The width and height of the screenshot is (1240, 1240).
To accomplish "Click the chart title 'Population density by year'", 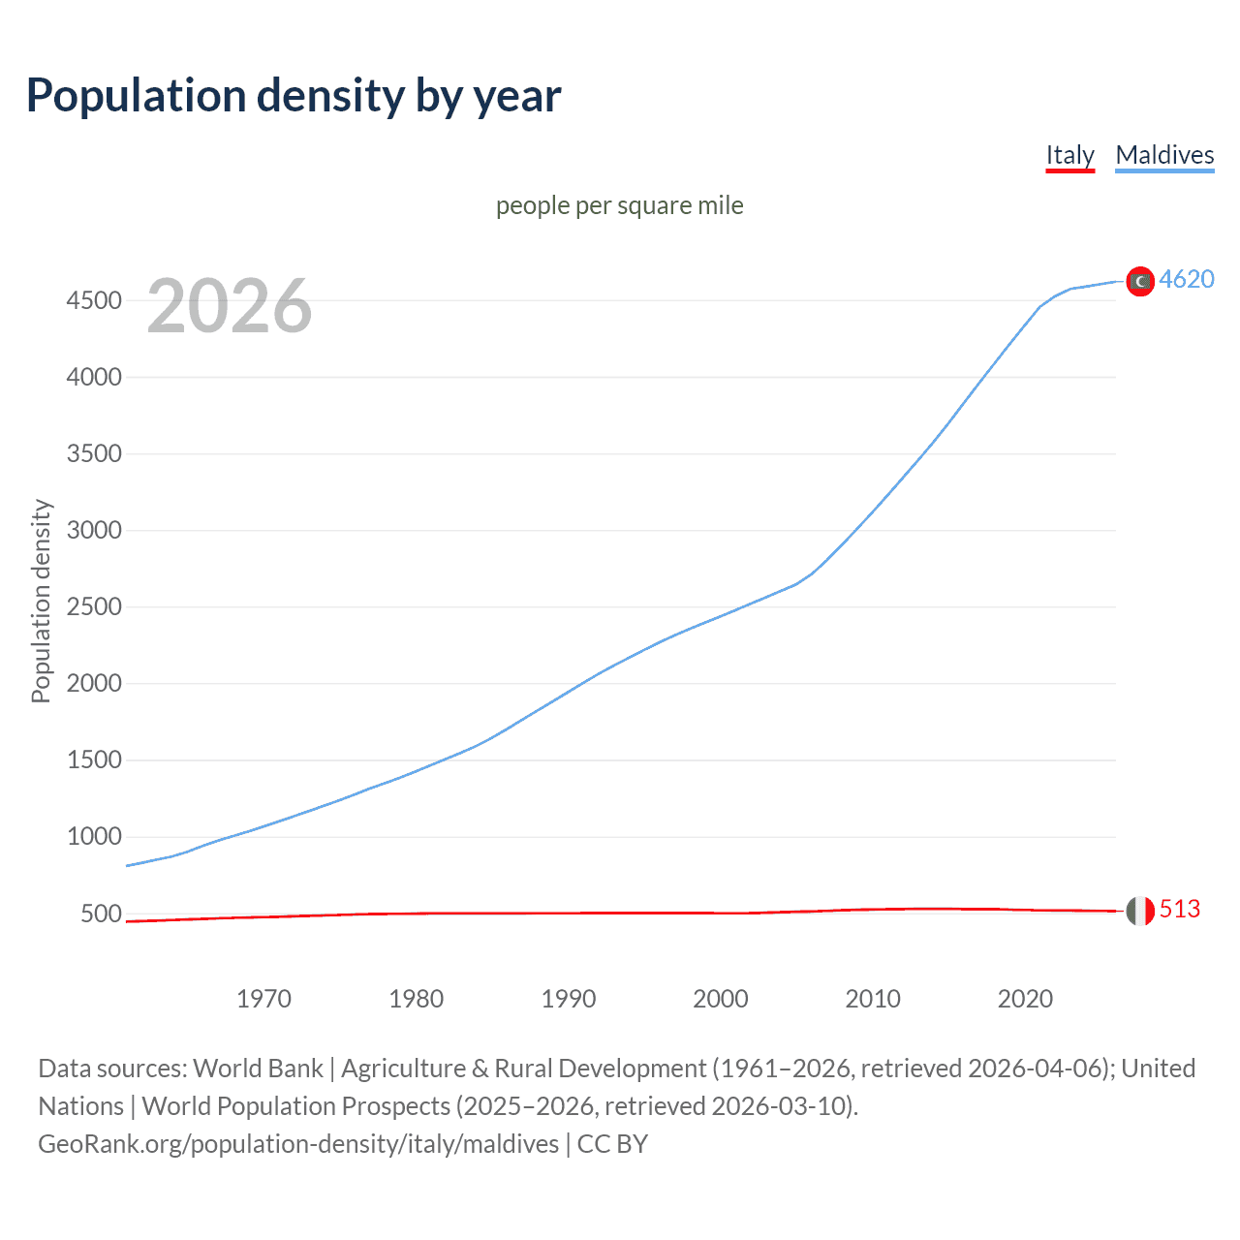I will (294, 96).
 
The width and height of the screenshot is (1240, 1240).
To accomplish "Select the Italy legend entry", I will (1069, 155).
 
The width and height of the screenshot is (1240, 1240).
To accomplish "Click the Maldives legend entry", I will (1164, 155).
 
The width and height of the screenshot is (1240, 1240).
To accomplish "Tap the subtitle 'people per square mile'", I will (619, 205).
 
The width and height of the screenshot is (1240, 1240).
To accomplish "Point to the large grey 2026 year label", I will (230, 306).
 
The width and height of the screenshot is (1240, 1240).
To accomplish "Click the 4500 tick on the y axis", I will (94, 300).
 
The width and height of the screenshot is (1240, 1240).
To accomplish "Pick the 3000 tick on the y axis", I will (94, 530).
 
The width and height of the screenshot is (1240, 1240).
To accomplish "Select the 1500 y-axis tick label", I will (94, 760).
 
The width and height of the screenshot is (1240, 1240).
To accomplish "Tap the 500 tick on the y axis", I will (101, 914).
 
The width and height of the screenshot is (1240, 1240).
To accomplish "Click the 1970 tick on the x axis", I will (263, 999).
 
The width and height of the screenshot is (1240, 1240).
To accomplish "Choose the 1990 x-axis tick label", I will (569, 999).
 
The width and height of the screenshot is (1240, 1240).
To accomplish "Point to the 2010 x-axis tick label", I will (873, 999).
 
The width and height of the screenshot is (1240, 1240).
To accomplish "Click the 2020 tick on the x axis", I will (1025, 999).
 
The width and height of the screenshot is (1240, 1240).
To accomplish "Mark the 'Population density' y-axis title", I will (41, 601).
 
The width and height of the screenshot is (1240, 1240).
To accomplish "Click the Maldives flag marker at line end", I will (1140, 281).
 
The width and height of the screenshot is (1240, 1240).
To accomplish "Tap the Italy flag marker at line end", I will (1140, 911).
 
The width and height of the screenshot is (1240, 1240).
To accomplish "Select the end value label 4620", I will (1187, 279).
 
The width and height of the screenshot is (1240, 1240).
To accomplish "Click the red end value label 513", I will (1180, 909).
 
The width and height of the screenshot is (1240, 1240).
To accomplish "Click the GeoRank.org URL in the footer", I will (298, 1144).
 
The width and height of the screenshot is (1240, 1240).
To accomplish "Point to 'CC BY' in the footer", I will (612, 1144).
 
